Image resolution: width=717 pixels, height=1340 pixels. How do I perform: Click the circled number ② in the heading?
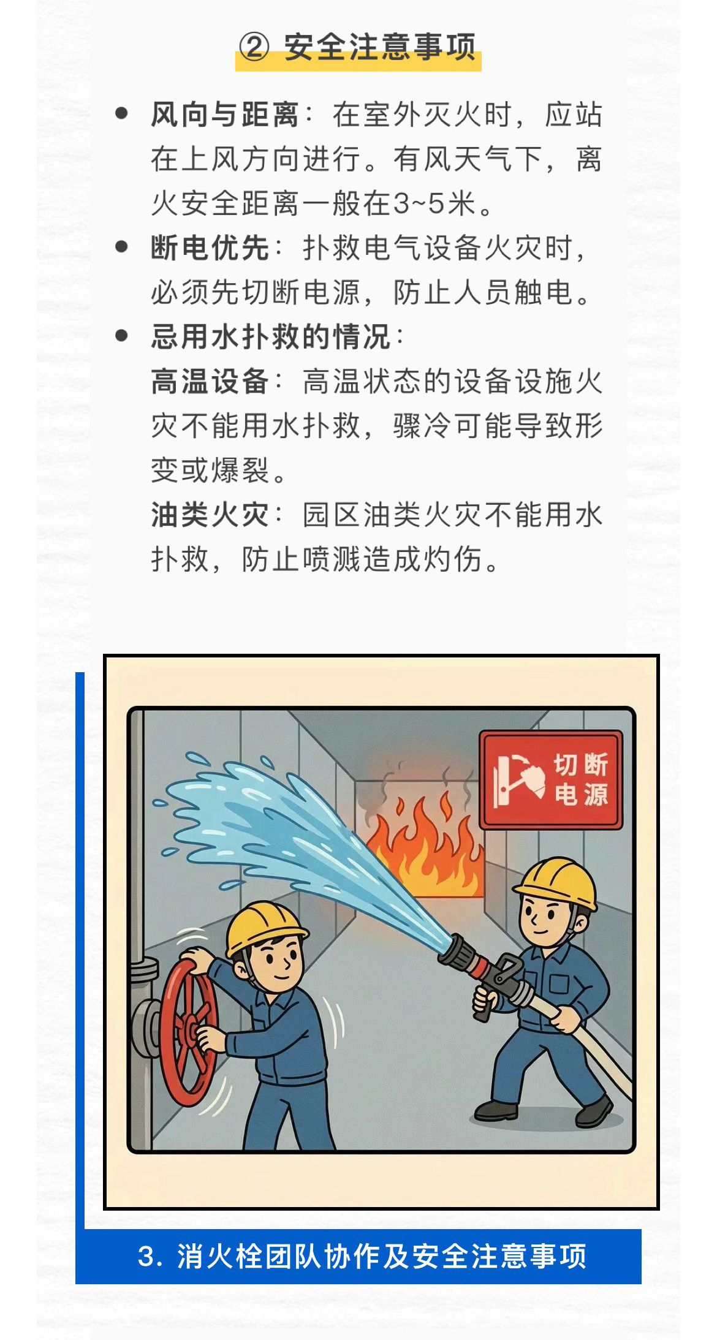pos(254,47)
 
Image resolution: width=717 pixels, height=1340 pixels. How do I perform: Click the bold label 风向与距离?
pos(224,115)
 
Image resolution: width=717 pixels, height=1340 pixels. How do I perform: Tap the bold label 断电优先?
pos(210,248)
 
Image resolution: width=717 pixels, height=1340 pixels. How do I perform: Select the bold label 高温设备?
pos(210,381)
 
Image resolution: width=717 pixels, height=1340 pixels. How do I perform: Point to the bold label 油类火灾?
pos(210,515)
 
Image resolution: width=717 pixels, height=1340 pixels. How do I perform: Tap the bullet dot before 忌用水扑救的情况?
pos(121,336)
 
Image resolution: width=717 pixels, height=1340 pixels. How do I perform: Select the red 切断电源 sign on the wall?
pos(551,779)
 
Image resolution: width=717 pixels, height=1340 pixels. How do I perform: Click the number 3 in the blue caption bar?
pos(146,1257)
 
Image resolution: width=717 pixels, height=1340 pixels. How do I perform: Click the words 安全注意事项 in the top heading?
pos(380,47)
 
